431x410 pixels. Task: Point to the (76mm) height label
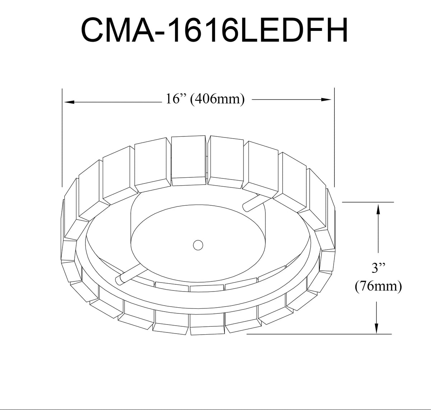coord(379,286)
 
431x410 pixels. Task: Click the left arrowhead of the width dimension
coord(69,102)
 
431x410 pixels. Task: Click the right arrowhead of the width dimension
coord(326,99)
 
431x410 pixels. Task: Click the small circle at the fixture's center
coord(198,245)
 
